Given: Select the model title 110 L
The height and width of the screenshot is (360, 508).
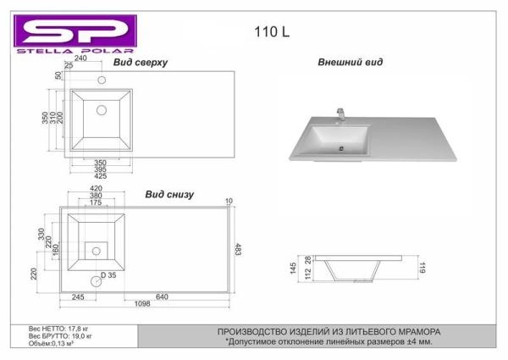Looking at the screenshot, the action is coord(272,31).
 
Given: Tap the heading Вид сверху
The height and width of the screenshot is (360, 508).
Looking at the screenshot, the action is coord(141,62).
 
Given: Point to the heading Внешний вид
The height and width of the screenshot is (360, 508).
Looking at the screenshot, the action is coord(351,62).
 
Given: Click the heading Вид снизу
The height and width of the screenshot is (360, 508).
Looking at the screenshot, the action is coord(169,195).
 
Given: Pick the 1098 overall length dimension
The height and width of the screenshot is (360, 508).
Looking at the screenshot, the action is coord(142,303).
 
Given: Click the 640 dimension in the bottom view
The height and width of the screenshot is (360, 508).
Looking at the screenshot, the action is coord(162,296).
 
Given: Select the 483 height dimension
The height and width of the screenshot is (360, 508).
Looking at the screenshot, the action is coord(237,249).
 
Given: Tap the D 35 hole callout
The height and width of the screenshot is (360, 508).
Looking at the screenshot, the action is coord(108,275).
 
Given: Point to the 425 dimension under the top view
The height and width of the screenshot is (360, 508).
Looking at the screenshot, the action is coord(101,176).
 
